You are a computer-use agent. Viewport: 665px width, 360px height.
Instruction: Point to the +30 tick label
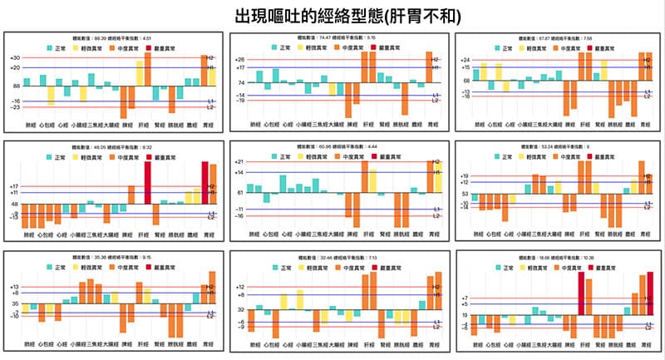click(x=14, y=57)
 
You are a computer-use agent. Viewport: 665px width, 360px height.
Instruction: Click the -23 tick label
click(x=14, y=107)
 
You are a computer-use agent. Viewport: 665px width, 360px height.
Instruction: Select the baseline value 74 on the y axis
click(x=241, y=83)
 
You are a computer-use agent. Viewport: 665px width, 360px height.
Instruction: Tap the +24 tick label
click(x=465, y=60)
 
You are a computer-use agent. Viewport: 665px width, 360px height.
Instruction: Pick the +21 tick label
click(x=239, y=162)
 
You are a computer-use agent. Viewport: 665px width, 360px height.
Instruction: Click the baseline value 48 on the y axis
click(x=15, y=204)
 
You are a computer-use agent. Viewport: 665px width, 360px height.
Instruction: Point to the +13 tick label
click(x=14, y=287)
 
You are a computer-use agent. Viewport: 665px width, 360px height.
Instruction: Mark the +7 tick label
click(x=465, y=298)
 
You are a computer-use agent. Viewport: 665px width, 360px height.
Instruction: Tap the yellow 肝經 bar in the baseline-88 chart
click(x=140, y=72)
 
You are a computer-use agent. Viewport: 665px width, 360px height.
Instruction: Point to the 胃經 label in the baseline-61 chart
click(x=432, y=235)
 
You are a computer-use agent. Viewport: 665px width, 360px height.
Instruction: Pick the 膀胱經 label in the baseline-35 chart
click(x=178, y=343)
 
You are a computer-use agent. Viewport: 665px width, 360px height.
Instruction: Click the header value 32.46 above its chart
click(x=323, y=257)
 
